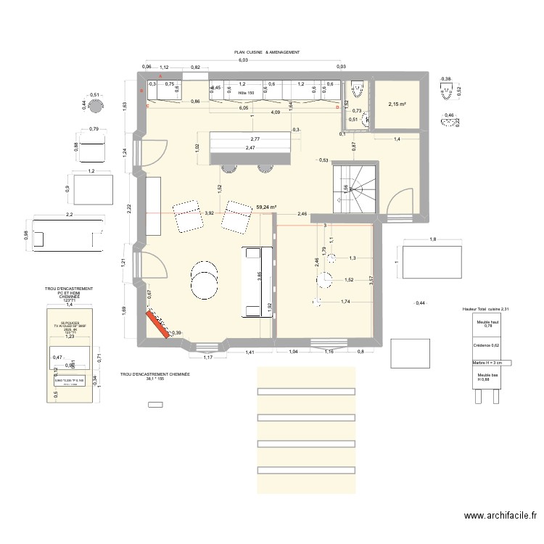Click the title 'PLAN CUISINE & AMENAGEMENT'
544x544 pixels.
pos(266,53)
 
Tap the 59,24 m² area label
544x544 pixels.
pos(266,206)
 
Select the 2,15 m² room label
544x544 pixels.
pos(397,104)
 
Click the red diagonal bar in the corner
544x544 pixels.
pos(157,323)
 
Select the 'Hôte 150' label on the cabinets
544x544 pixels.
pos(247,94)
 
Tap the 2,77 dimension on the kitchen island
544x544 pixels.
pos(255,139)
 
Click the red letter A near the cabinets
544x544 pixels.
pos(160,76)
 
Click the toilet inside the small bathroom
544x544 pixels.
pos(357,91)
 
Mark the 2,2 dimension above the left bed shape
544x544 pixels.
pos(70,215)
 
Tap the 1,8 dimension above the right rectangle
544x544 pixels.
pos(432,239)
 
